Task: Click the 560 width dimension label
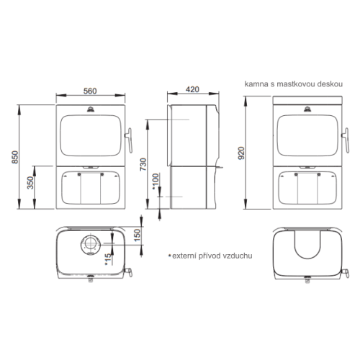90,91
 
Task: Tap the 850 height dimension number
15,157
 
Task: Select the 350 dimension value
30,183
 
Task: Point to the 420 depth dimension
192,89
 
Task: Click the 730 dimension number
143,164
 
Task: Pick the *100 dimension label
156,181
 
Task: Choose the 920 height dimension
241,153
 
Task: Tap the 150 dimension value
137,235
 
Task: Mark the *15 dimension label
108,259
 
